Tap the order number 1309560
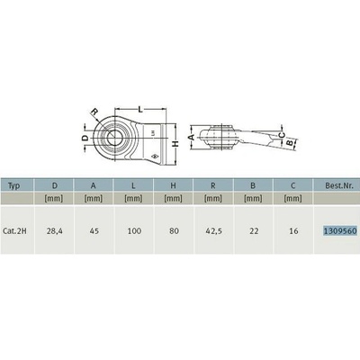339,230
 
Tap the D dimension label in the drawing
85,139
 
